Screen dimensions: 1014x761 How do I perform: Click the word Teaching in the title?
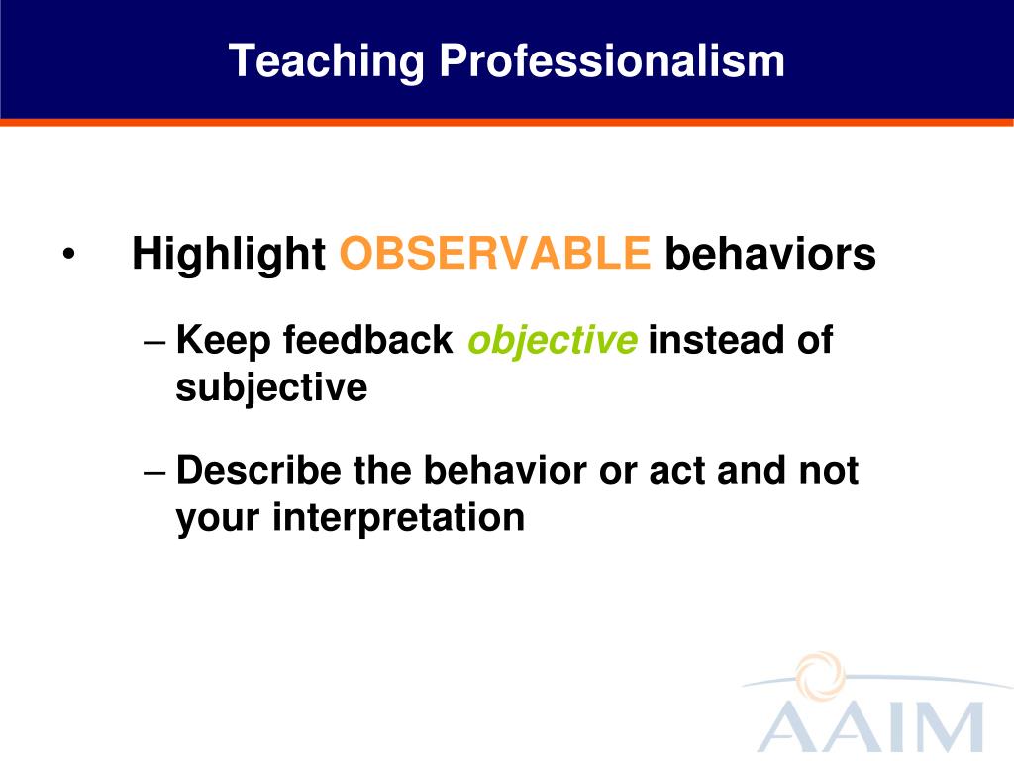pos(327,62)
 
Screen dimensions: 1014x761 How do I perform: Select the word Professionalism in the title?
pos(612,60)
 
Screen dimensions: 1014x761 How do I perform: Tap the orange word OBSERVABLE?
pos(495,253)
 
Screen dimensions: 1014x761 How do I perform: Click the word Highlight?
pos(229,254)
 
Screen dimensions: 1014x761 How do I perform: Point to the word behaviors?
pos(770,253)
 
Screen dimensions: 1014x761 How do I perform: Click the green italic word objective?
pos(553,341)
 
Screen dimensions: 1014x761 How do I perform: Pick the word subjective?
pos(271,388)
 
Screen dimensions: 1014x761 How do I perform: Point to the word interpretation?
pos(398,519)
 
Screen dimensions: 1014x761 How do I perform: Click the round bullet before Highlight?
pos(69,255)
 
